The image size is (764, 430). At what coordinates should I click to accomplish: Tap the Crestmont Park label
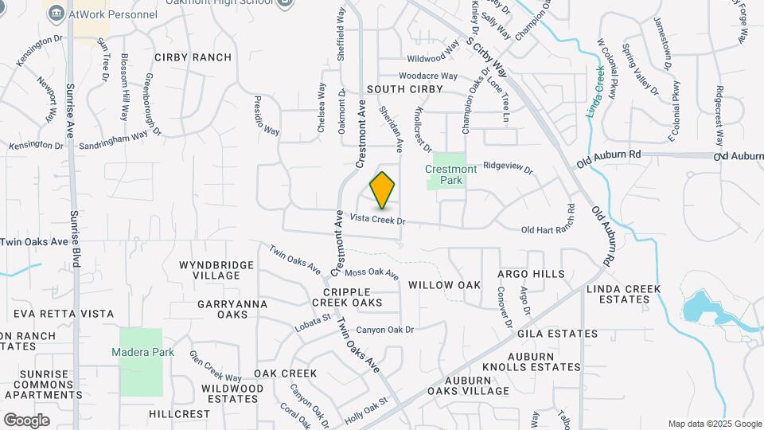(450, 174)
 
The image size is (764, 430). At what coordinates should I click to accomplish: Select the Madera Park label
(141, 352)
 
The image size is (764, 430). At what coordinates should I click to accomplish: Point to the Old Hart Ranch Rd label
(548, 230)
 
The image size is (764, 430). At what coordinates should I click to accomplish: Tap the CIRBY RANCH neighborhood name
(193, 57)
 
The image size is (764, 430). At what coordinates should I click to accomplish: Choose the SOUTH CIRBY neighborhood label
(404, 88)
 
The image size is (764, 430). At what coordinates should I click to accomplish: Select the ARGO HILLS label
(531, 274)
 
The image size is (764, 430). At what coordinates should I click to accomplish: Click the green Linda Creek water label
(596, 92)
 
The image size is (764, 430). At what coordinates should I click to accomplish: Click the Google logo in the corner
(26, 420)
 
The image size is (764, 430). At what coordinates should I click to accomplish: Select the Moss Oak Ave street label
(372, 273)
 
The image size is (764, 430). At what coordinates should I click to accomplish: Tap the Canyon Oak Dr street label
(386, 329)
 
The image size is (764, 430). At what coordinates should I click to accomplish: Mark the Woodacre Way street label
(428, 76)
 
